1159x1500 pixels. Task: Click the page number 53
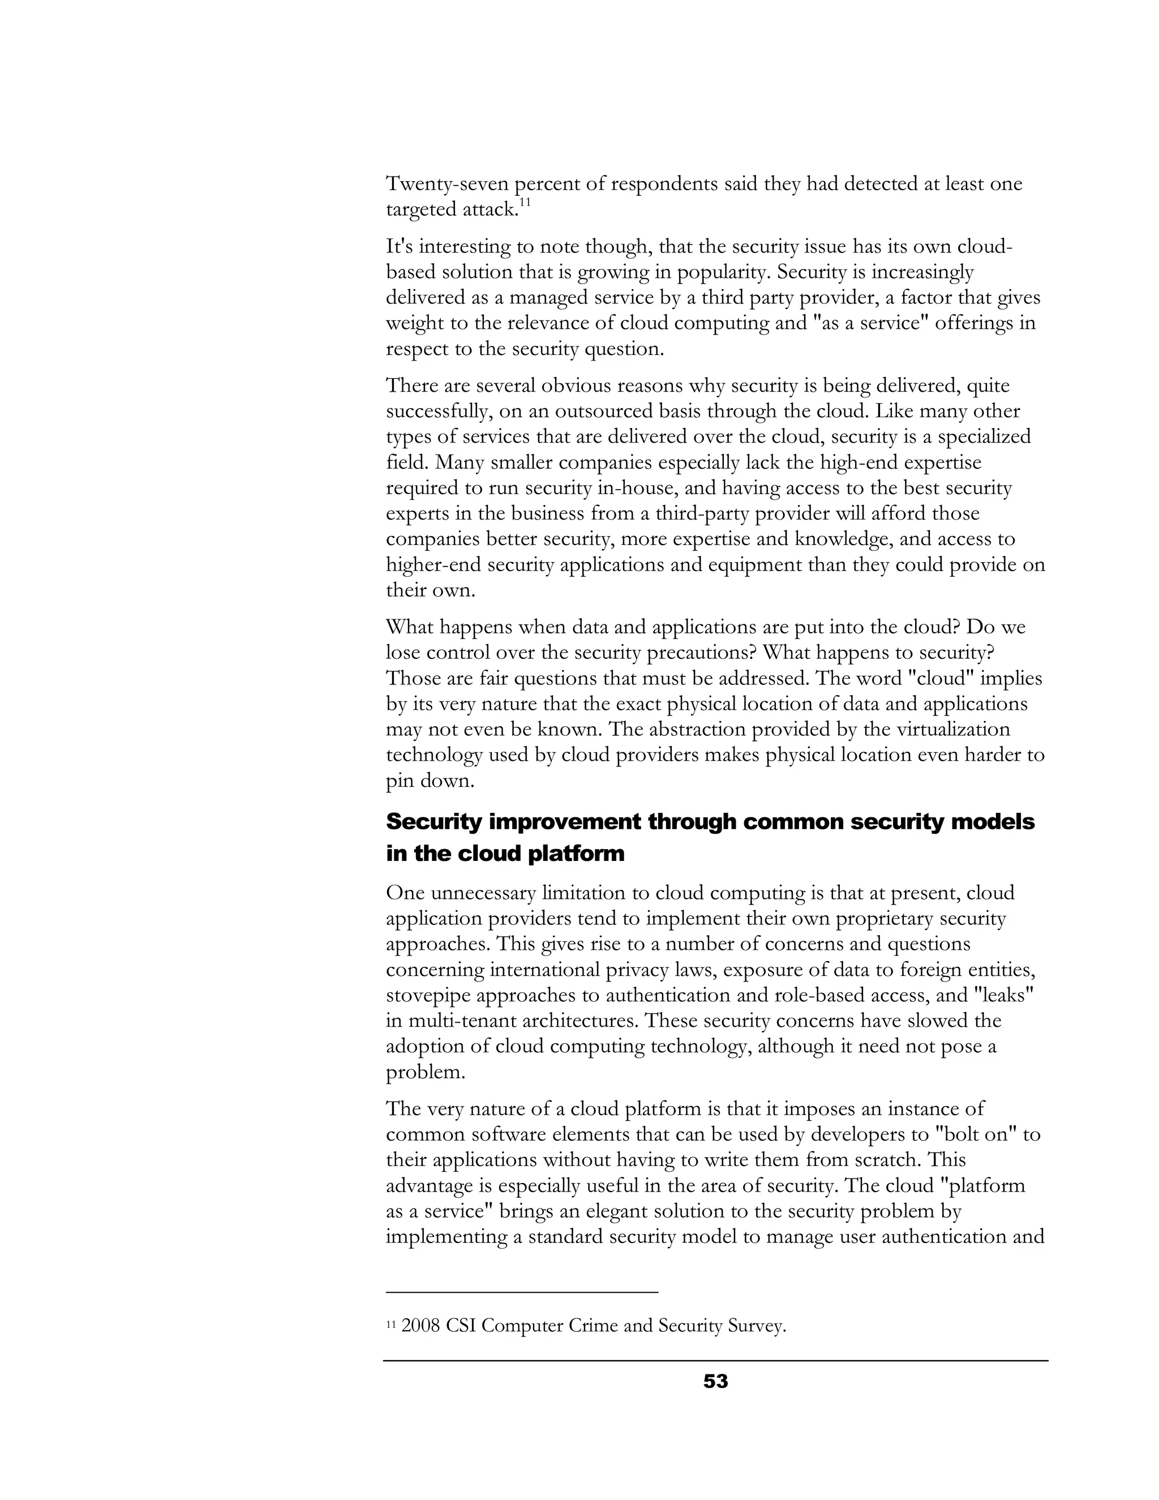click(715, 1381)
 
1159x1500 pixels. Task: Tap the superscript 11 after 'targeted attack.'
click(525, 203)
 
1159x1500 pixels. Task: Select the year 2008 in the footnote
click(420, 1326)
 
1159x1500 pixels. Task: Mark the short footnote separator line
click(522, 1293)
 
